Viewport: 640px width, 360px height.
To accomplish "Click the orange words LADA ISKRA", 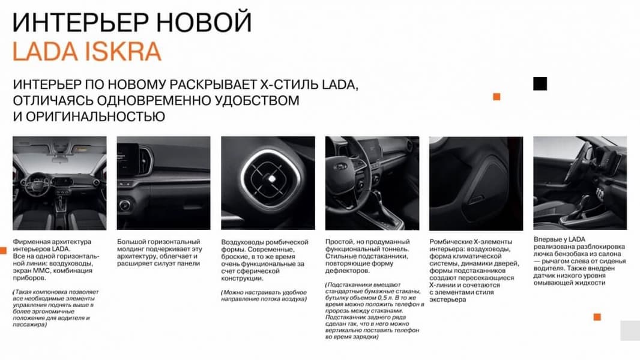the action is tap(87, 52).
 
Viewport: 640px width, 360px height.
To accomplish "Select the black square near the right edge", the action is tap(540, 83).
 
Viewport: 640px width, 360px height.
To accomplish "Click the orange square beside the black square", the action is tap(497, 97).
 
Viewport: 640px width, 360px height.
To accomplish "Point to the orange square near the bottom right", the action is tap(597, 317).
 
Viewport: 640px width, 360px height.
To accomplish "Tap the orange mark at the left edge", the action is tap(3, 250).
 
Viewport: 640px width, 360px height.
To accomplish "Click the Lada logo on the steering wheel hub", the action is tap(341, 166).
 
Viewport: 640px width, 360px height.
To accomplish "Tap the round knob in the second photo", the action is tap(125, 205).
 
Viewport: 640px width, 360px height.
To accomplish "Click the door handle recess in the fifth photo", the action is tap(476, 200).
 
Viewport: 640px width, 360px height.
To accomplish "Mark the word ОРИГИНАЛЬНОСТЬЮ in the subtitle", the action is tap(95, 116).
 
